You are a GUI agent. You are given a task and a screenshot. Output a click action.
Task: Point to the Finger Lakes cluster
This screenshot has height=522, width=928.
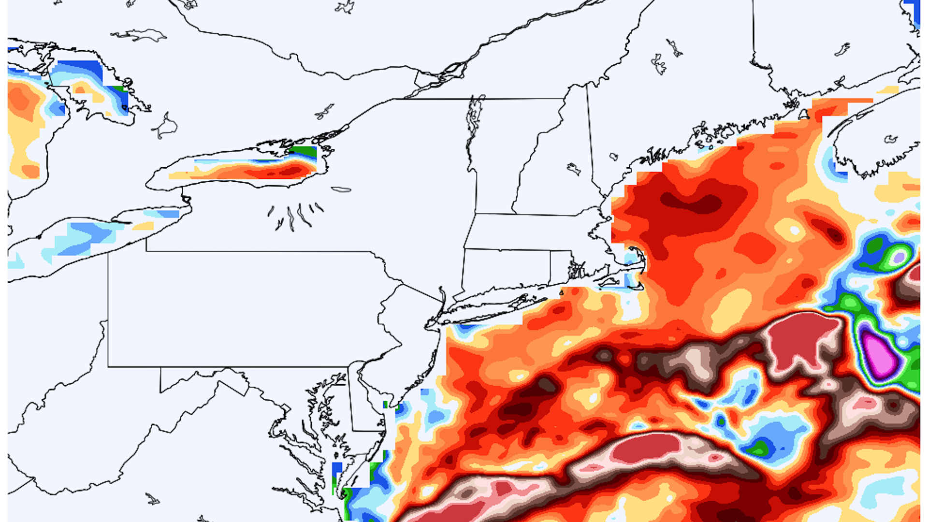point(295,215)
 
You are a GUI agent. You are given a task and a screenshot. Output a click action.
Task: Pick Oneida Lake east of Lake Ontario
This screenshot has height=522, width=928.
point(341,189)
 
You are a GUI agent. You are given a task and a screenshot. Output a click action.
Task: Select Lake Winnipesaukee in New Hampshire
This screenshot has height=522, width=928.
point(574,169)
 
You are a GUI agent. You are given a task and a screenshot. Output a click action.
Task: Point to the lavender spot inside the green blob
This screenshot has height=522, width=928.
point(898,256)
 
